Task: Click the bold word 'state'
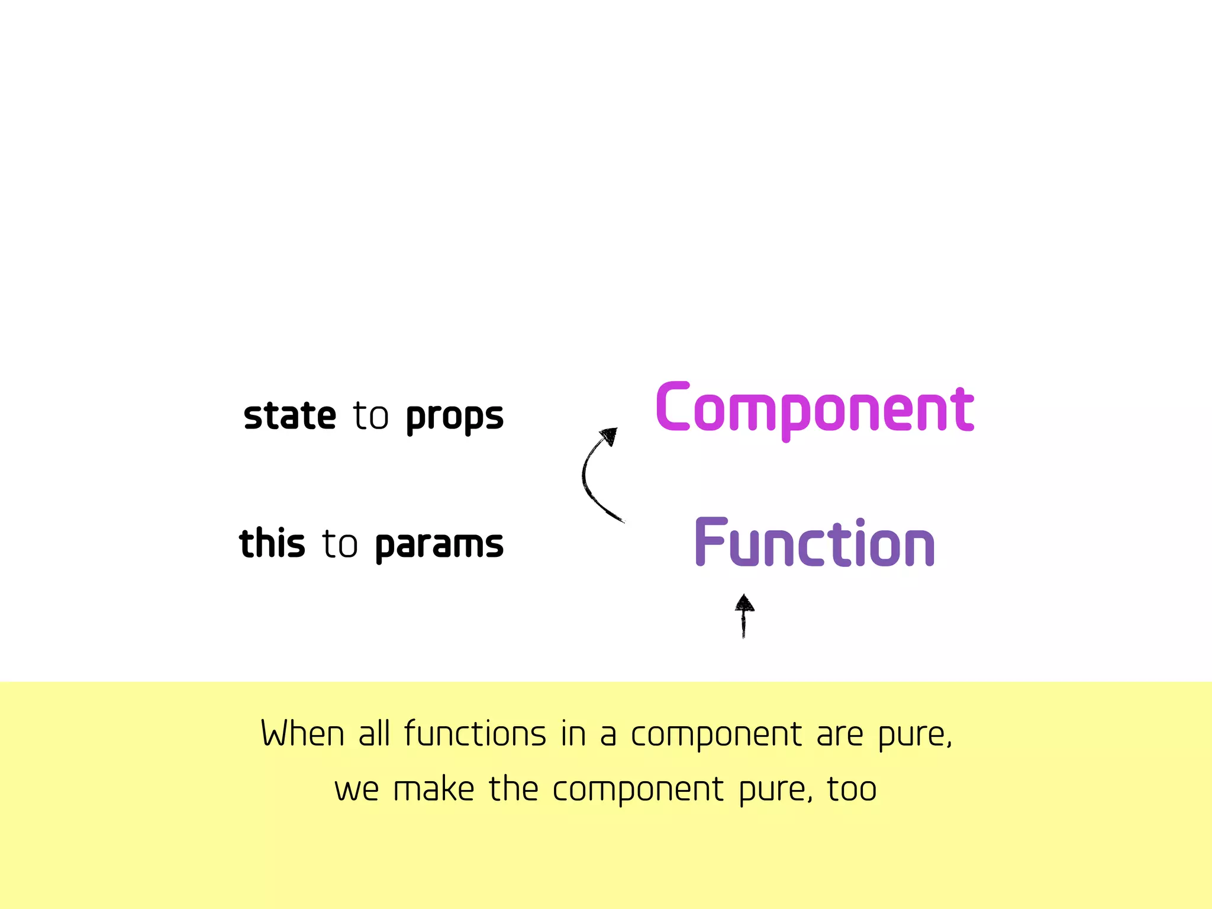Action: (290, 415)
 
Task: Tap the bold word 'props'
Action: (454, 417)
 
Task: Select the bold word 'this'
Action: (272, 543)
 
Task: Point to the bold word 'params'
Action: (439, 544)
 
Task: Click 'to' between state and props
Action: (371, 415)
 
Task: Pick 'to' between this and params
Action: (340, 543)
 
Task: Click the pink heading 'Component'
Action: (815, 408)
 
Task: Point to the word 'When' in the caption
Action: (302, 734)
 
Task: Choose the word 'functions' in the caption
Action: (475, 734)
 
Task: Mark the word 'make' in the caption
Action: (434, 789)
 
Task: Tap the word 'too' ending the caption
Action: (852, 789)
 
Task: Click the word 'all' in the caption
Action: (374, 734)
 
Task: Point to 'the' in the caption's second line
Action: (514, 788)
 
